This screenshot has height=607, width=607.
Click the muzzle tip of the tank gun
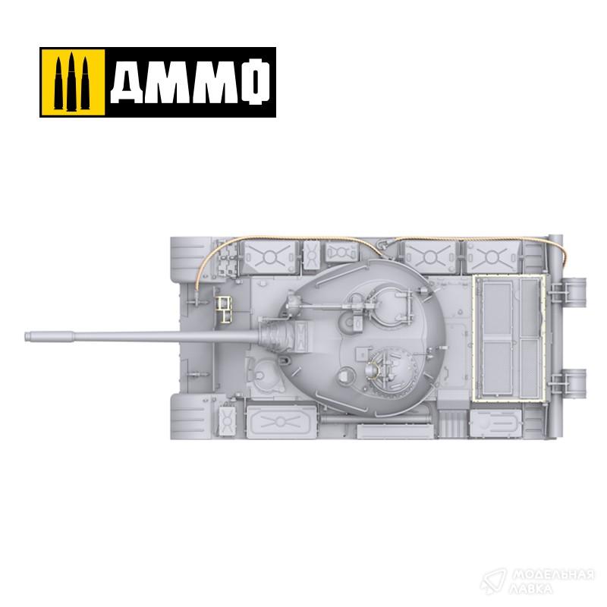(x=27, y=336)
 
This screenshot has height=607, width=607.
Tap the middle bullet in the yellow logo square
(x=71, y=82)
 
